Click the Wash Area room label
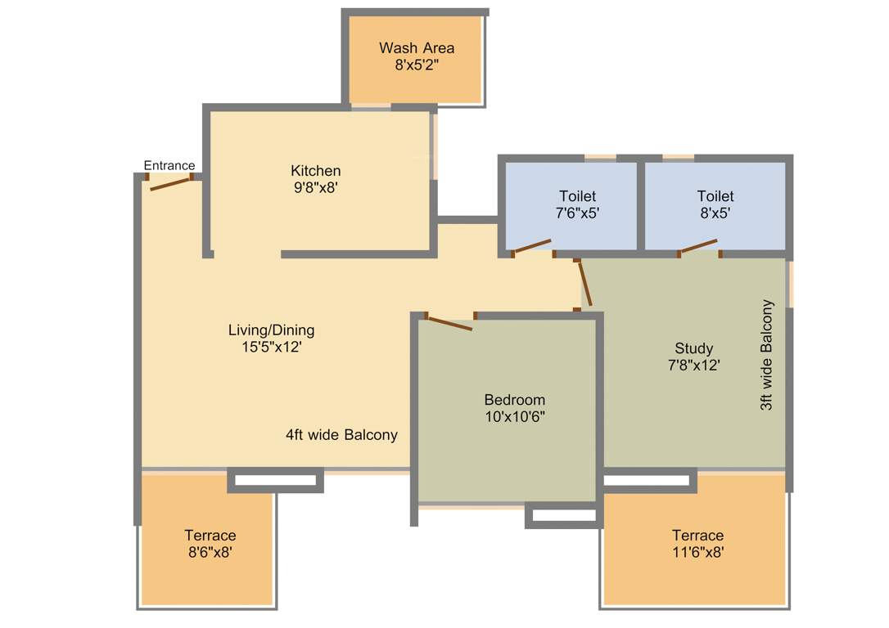coord(416,48)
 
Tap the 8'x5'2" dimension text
coord(417,65)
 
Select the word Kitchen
coord(316,171)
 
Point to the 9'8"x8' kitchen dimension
coord(315,187)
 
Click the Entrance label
coord(169,165)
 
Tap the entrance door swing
coord(170,183)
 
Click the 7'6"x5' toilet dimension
coord(577,213)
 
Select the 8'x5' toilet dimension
coord(715,213)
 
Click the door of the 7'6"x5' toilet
coord(531,246)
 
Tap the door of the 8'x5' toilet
coord(698,246)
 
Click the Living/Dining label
coord(271,330)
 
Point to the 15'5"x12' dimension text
coord(271,347)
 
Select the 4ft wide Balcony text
coord(341,435)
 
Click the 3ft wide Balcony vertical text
coord(767,355)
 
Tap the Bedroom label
coord(514,400)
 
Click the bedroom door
coord(449,322)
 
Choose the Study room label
coord(693,348)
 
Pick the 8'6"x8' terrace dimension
coord(210,553)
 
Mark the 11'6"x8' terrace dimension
coord(697,553)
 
